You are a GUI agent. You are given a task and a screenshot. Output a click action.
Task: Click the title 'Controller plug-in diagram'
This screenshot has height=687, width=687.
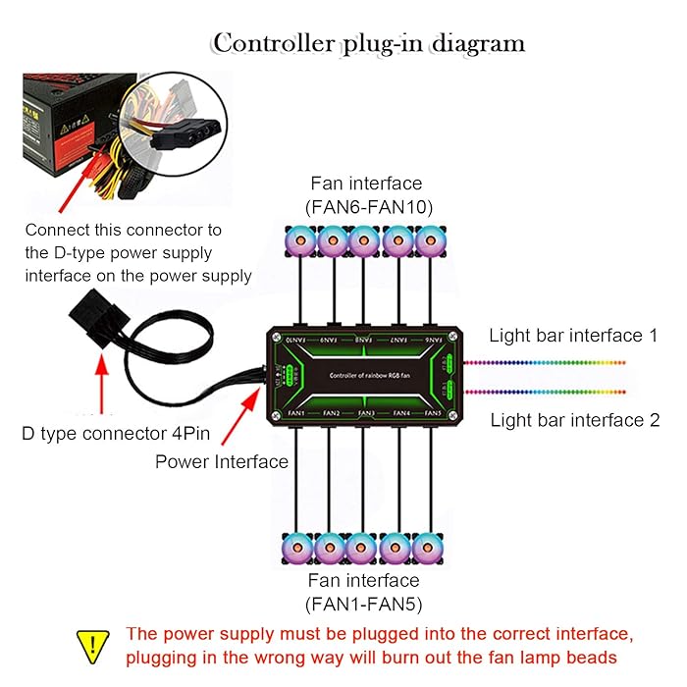369,44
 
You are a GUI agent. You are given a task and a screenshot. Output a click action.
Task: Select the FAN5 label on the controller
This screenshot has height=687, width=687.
433,413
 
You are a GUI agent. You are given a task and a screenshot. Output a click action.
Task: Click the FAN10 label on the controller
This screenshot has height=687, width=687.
296,339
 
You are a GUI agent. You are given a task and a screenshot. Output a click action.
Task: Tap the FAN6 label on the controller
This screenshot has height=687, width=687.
433,339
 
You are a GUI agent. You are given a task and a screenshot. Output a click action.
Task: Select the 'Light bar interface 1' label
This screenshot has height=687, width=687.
573,336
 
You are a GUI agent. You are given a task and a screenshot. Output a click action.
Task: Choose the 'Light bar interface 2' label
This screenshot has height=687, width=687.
574,420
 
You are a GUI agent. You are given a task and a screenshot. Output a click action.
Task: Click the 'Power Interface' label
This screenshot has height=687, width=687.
222,461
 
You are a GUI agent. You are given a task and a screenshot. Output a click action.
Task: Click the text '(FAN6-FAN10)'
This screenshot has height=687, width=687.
366,204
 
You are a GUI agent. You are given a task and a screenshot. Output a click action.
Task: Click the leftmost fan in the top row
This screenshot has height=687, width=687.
299,239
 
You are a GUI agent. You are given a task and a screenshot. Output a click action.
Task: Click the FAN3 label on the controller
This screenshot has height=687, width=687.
365,413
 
